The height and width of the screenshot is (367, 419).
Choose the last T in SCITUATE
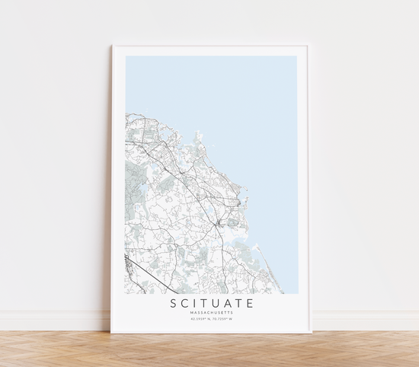click(x=236, y=304)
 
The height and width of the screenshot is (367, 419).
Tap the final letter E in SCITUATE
click(x=248, y=304)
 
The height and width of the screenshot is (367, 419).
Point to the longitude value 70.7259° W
click(x=222, y=319)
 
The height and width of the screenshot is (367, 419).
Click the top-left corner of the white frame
click(x=112, y=46)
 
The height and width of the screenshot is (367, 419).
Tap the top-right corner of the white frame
click(x=309, y=46)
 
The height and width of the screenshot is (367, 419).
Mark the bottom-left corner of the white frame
click(x=111, y=333)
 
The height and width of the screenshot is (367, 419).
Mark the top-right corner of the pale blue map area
click(x=297, y=56)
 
